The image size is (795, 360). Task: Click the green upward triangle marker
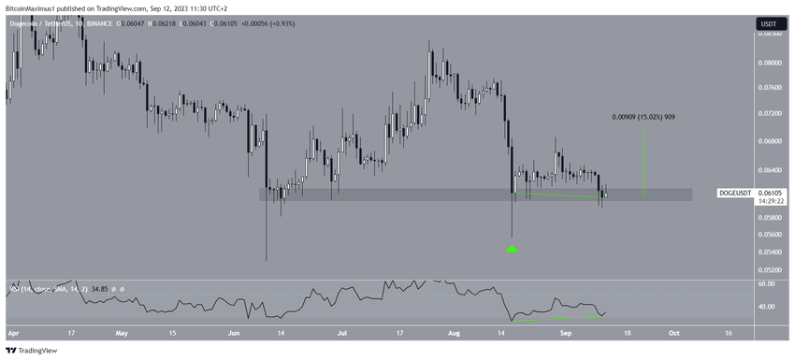point(512,249)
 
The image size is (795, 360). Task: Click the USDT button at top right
point(766,22)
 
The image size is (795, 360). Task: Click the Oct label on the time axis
point(675,331)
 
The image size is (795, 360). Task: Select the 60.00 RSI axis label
point(767,283)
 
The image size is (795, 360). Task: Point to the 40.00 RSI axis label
point(767,307)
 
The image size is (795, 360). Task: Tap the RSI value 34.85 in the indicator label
point(95,290)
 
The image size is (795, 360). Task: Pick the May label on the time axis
point(121,331)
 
